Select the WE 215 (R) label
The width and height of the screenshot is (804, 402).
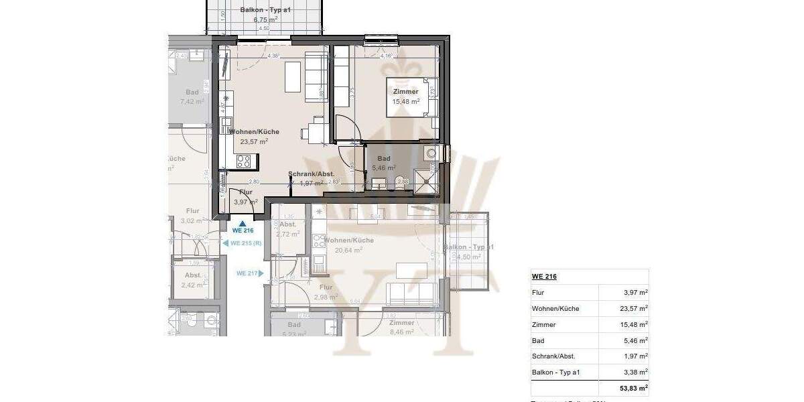(x=245, y=243)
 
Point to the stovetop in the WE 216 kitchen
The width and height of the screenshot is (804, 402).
(x=244, y=161)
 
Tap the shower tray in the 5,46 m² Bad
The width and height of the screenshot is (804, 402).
(x=426, y=180)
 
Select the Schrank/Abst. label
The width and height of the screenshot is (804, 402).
(x=311, y=174)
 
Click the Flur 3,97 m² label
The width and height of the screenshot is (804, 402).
(x=245, y=197)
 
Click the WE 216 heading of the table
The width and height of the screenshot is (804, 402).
(x=545, y=277)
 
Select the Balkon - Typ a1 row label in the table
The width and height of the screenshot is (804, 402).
(x=556, y=373)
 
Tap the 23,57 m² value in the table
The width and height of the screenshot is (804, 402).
(x=633, y=309)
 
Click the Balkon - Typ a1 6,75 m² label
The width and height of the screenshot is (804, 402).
(x=265, y=15)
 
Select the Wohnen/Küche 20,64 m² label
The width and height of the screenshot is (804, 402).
(x=348, y=245)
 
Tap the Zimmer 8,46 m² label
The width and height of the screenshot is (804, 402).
(x=401, y=326)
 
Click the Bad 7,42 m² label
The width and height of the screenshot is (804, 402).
(x=192, y=97)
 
